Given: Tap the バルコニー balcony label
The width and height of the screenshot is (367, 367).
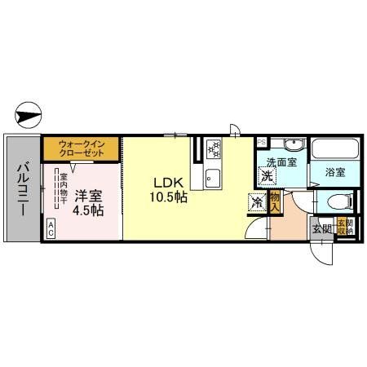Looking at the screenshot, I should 22,188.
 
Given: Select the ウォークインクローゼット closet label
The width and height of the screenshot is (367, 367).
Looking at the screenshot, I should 80,149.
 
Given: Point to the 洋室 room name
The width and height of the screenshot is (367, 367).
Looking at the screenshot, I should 89,196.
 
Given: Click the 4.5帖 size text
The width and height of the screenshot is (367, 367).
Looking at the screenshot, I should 89,210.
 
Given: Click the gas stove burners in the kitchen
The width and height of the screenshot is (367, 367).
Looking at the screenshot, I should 214,148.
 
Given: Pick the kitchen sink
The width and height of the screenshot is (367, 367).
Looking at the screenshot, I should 214,176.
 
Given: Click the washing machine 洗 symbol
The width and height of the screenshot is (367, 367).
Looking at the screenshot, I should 267,175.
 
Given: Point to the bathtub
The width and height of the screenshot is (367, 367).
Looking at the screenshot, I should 334,151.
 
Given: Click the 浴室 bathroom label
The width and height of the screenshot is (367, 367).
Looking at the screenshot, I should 334,172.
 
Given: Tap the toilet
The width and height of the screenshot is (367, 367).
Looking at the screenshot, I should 337,201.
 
